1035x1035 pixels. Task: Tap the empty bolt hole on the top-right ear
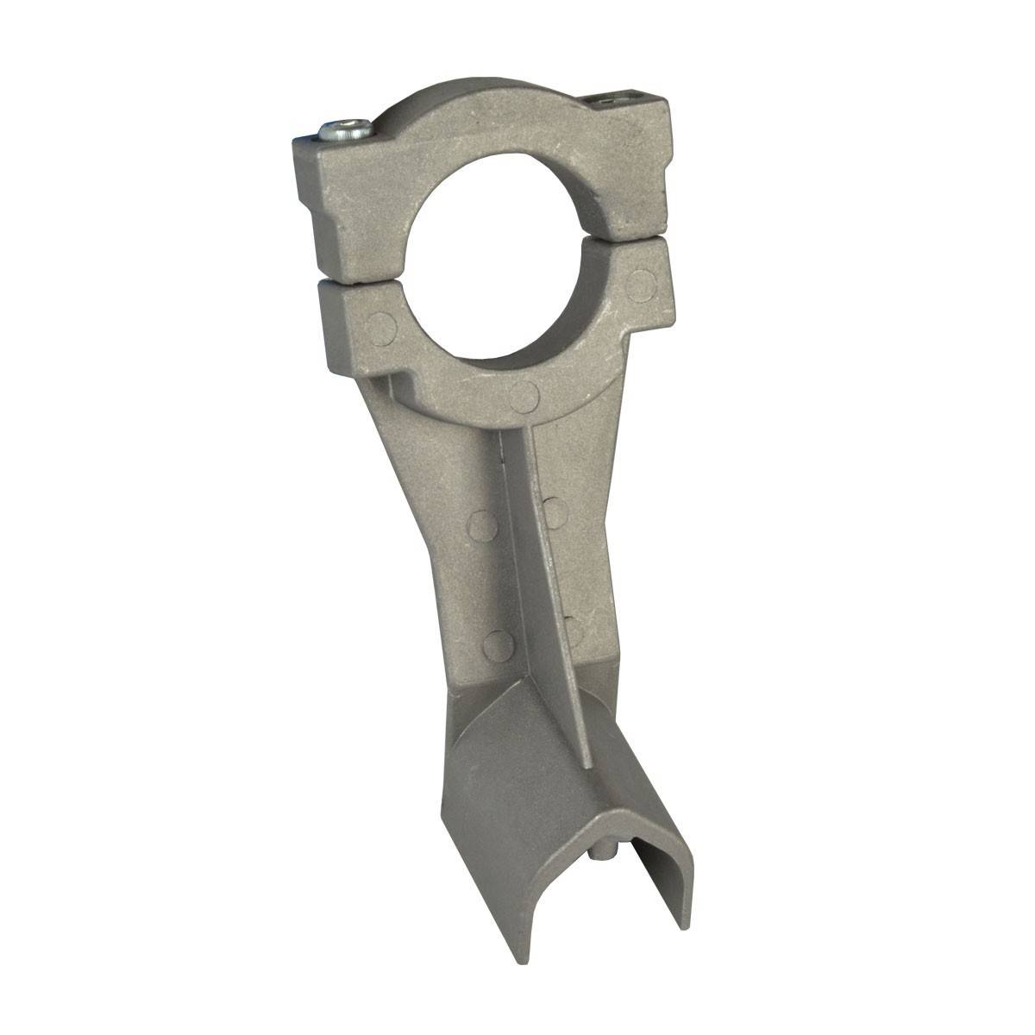tap(610, 101)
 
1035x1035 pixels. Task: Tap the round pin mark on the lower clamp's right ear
tap(640, 281)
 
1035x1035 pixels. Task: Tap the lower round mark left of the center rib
tap(498, 643)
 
